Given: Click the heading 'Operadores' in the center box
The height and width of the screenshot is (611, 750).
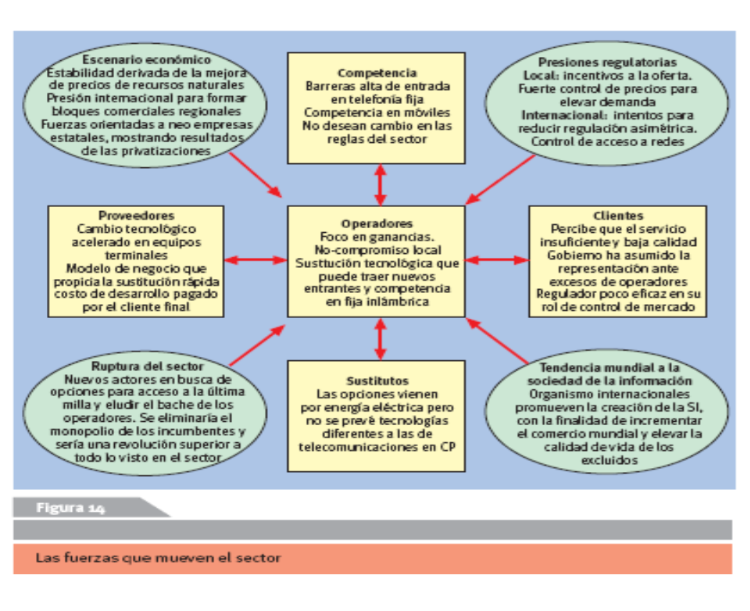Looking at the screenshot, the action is tap(377, 223).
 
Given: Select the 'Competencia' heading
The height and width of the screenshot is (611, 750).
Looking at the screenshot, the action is tap(377, 73).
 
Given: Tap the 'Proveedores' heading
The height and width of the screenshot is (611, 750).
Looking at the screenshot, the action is tap(136, 216).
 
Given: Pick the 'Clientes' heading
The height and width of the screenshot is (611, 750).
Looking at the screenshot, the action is tap(618, 216).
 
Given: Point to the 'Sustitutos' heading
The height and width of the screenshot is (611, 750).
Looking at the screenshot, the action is tap(377, 381).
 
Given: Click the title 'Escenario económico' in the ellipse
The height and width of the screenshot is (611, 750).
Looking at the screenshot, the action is tap(146, 59).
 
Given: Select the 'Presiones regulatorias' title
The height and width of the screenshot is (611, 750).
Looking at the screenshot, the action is tap(608, 63).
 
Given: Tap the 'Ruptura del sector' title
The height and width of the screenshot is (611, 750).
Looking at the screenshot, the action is tap(148, 366).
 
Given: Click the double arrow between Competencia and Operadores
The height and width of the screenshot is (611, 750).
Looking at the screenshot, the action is tap(380, 185).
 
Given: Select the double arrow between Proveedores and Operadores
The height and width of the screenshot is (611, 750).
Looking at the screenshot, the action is tap(255, 260).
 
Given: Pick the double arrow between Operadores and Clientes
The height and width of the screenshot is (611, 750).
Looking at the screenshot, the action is tap(497, 260).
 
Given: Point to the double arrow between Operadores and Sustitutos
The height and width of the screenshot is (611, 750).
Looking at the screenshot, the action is tap(380, 339).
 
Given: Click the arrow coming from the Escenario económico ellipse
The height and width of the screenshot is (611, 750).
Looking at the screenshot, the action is tap(255, 175).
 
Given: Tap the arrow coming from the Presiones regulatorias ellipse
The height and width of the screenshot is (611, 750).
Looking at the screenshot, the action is tap(500, 180).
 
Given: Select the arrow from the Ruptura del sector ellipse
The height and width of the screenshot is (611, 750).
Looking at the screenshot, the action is tap(257, 345).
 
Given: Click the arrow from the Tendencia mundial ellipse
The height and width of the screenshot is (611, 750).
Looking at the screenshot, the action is tap(497, 341).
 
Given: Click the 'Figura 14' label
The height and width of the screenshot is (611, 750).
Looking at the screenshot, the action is tap(70, 508).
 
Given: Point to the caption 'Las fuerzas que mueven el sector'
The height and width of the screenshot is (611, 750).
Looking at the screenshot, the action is tap(158, 558).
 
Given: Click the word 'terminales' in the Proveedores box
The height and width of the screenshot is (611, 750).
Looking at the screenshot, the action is tap(136, 255).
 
